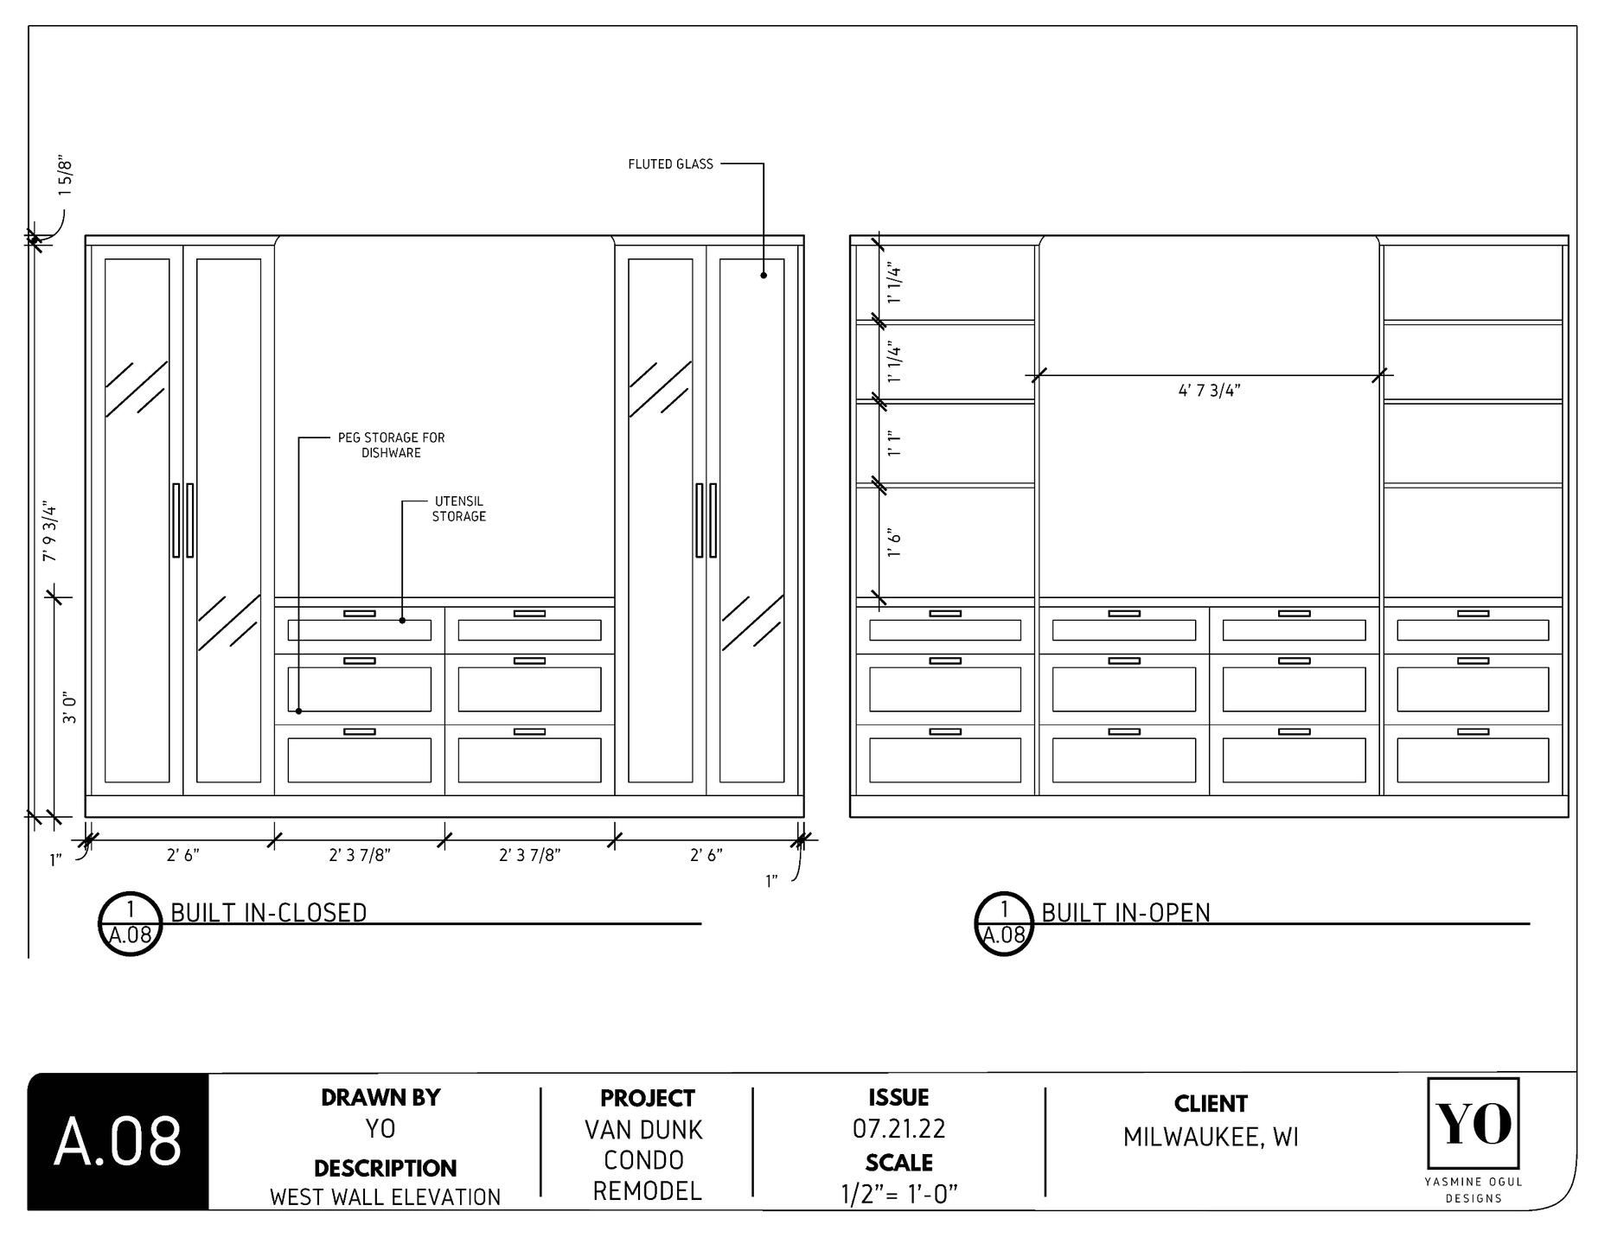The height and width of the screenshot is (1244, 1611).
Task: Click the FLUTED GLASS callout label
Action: (x=670, y=164)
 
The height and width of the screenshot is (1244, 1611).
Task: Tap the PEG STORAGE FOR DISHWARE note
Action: (x=391, y=445)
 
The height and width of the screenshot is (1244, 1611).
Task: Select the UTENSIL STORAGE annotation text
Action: (x=459, y=508)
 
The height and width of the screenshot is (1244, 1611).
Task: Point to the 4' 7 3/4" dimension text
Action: (x=1209, y=391)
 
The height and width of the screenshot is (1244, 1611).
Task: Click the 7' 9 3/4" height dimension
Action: (x=50, y=531)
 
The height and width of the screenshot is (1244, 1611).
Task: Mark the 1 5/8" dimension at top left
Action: (x=67, y=178)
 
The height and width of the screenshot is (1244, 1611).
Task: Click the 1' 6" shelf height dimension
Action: (x=894, y=542)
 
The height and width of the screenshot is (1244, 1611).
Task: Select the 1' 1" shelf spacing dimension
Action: (x=894, y=444)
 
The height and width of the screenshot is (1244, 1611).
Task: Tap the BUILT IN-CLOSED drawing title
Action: (x=269, y=913)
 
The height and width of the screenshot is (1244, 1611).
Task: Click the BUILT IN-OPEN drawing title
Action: (x=1125, y=913)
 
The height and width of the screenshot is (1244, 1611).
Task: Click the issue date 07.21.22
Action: (x=898, y=1128)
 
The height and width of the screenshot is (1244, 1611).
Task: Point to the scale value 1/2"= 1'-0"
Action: (x=898, y=1194)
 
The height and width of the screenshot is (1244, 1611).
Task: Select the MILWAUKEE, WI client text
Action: (x=1211, y=1137)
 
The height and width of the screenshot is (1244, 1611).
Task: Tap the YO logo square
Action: (x=1474, y=1123)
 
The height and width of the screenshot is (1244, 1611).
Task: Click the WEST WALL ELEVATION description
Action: (x=385, y=1197)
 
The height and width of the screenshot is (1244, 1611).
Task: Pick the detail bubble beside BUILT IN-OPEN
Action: (x=1004, y=923)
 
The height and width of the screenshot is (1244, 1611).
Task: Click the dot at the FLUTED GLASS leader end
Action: (x=764, y=276)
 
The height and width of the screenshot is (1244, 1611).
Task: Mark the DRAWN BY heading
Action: (x=380, y=1097)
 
